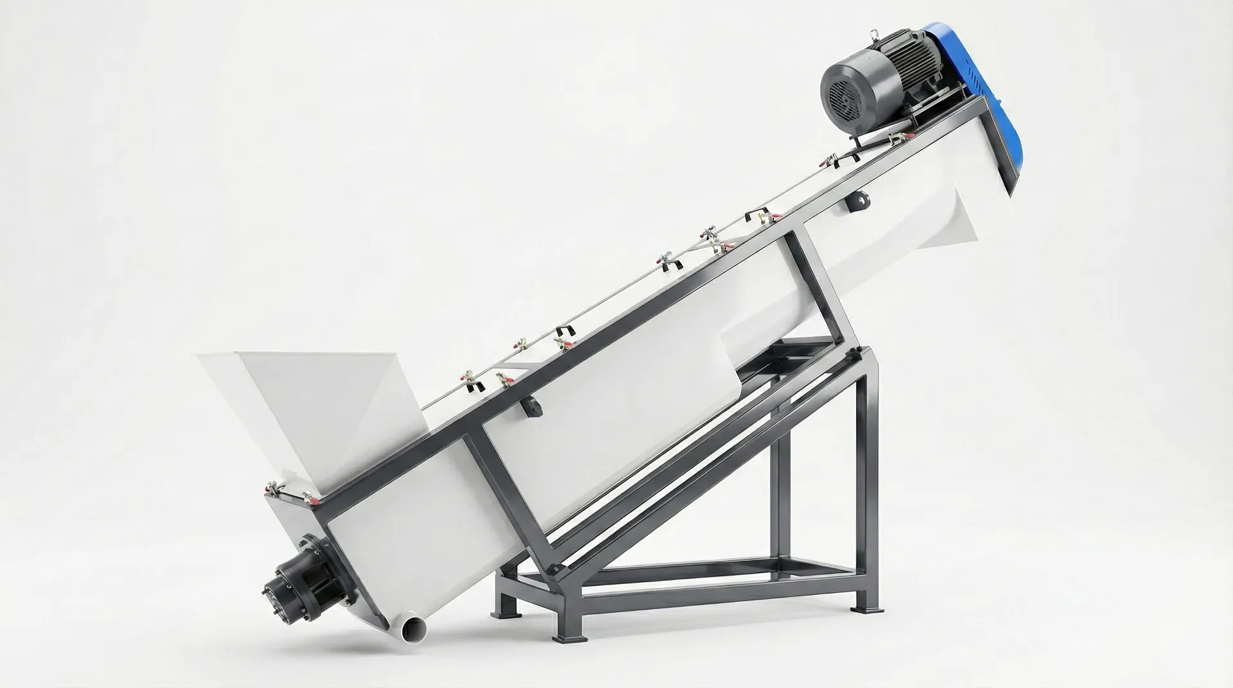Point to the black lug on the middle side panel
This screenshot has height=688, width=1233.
point(530,408)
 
